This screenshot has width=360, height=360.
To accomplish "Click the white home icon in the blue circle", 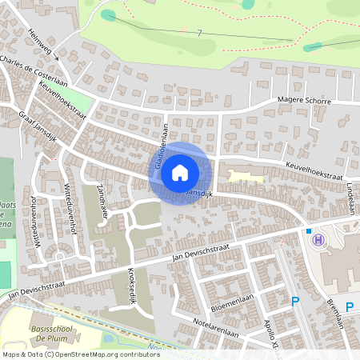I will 179,172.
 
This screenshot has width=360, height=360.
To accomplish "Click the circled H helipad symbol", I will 319,239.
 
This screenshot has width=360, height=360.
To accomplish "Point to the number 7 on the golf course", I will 199,32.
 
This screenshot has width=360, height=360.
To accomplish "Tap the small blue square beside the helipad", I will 308,230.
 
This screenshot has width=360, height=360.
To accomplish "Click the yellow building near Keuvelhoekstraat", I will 245,175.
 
